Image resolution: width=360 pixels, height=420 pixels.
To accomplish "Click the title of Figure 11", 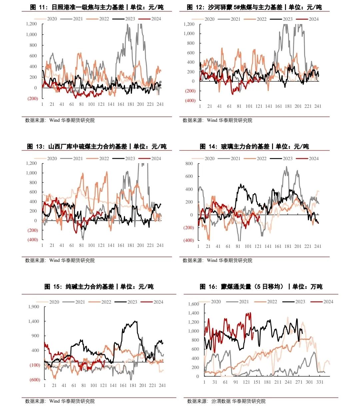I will tap(97, 7).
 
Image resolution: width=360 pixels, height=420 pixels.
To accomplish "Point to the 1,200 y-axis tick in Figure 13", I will tap(32, 163).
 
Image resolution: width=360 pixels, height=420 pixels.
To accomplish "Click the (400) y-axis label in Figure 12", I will tap(190, 100).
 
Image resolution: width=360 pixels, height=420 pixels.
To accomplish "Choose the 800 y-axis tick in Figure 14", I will tap(189, 163).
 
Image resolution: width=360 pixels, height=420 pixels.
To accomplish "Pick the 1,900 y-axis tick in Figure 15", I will tap(34, 307).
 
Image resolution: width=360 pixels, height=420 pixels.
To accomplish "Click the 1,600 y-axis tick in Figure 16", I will tap(193, 304).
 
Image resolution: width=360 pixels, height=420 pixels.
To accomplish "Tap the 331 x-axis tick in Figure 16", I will tap(320, 382).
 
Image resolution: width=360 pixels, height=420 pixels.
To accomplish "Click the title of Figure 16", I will tap(261, 287).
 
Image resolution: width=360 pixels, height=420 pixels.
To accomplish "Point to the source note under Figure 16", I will tap(226, 401).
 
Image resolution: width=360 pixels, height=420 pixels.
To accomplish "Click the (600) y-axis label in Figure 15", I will tap(35, 380).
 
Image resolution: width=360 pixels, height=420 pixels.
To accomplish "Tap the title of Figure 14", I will tap(254, 146).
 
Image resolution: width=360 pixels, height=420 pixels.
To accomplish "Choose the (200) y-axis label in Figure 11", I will tap(33, 98).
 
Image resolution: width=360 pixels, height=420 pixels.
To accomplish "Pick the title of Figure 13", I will tap(97, 146).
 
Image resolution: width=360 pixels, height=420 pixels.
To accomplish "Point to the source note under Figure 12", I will tap(217, 120).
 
